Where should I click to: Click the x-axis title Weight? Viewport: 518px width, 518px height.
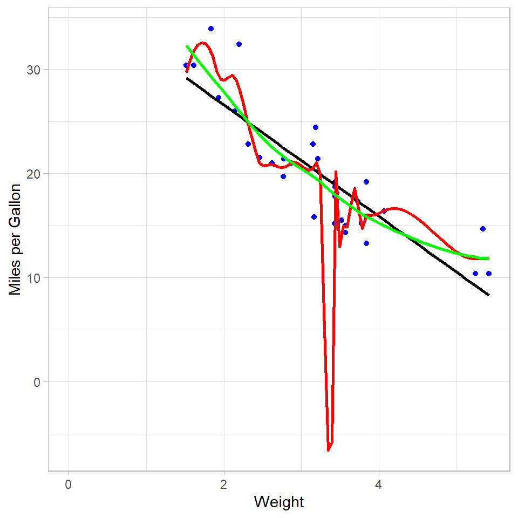[x=279, y=502]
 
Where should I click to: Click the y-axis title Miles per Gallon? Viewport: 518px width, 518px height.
[x=16, y=239]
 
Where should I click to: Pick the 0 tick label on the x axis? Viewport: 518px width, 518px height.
[x=69, y=483]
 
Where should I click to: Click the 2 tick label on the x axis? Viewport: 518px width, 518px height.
[x=223, y=483]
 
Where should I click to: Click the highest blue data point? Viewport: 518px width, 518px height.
[x=211, y=29]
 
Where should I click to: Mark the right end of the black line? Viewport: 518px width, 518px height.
[x=488, y=295]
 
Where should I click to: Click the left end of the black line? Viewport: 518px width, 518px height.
[x=187, y=78]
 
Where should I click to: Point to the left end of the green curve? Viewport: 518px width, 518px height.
[x=187, y=46]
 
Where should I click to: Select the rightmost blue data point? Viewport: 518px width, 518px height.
[x=489, y=274]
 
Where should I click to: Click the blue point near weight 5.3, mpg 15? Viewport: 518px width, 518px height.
[x=483, y=229]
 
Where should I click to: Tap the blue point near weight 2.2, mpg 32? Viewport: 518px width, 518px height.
[x=239, y=44]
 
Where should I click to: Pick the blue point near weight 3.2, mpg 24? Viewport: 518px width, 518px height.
[x=316, y=127]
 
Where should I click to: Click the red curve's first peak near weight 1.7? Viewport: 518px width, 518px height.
[x=202, y=43]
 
